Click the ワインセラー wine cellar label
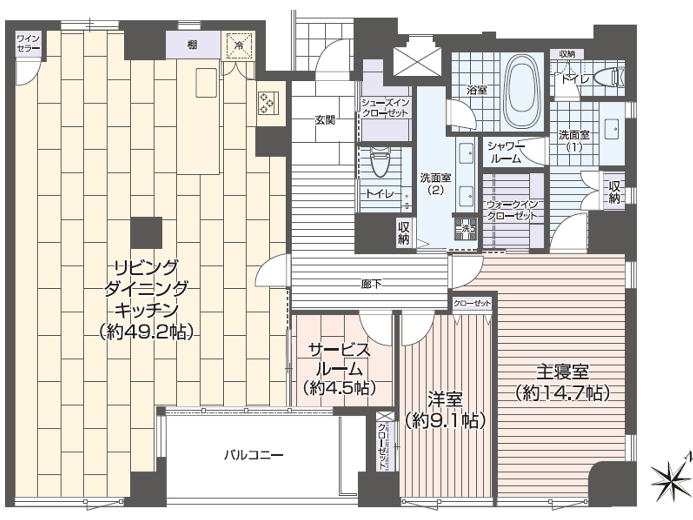pyautogui.click(x=28, y=43)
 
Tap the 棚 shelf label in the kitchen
pyautogui.click(x=193, y=45)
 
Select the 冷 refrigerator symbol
pyautogui.click(x=239, y=46)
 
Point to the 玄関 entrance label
pyautogui.click(x=325, y=119)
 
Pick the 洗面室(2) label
pyautogui.click(x=436, y=183)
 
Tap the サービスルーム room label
pyautogui.click(x=340, y=360)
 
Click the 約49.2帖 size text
pyautogui.click(x=146, y=331)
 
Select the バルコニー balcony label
pyautogui.click(x=253, y=454)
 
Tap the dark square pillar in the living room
pyautogui.click(x=147, y=233)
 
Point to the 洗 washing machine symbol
pyautogui.click(x=465, y=228)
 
